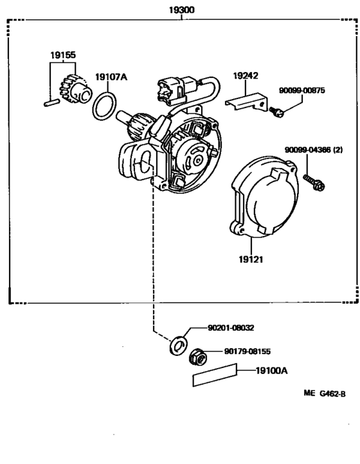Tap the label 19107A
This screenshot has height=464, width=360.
point(111,78)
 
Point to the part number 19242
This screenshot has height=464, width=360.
point(245,75)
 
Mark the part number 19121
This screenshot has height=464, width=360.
point(251,260)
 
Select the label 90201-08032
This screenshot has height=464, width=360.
point(231,328)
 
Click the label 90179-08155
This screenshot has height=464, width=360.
point(248,352)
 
